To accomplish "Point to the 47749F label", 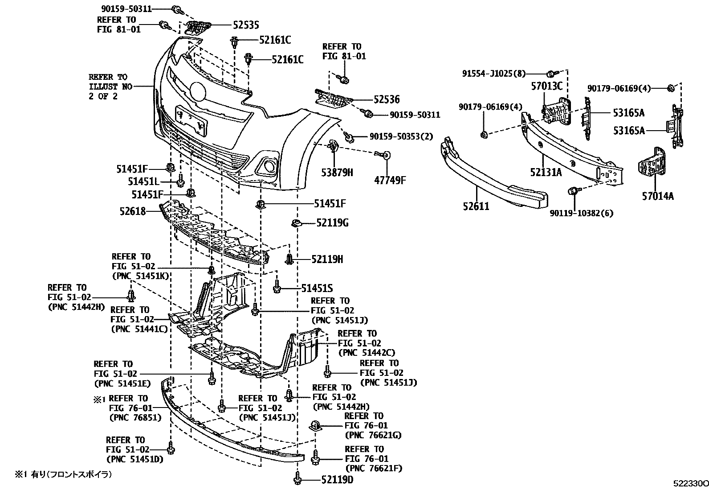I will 391,180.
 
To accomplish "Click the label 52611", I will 475,206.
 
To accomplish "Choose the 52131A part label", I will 546,172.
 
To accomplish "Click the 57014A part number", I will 658,195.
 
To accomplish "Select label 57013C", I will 546,86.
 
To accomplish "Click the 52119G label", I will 332,222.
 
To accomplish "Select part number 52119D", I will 338,480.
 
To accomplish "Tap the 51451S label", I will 317,289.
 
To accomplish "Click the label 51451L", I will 143,181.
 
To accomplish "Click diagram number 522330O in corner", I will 690,483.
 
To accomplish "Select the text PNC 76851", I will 135,418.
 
